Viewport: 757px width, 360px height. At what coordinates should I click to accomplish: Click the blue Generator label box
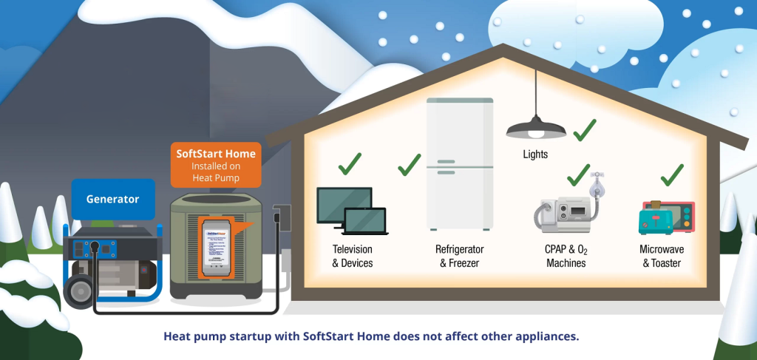[112, 199]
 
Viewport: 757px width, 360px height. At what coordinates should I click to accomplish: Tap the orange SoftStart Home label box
[216, 164]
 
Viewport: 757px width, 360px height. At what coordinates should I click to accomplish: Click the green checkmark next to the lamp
[584, 130]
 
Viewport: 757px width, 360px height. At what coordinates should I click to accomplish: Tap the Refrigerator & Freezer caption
[459, 256]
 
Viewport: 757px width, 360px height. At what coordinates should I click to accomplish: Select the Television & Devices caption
[353, 256]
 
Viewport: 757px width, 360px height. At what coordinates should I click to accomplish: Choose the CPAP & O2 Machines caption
[566, 256]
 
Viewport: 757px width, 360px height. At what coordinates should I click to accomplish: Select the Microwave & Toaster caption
[660, 256]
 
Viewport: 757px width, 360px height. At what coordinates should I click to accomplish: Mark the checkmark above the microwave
[671, 174]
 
